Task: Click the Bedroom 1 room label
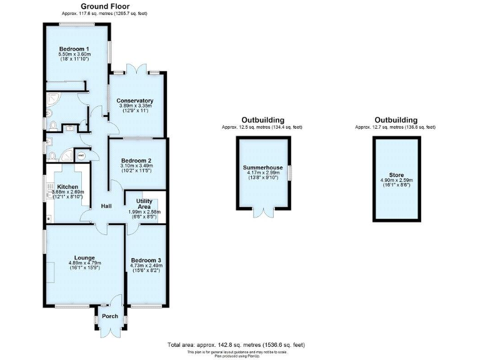(x=74, y=49)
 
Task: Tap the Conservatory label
(x=135, y=101)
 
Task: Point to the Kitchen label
(x=67, y=187)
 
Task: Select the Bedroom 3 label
(x=146, y=260)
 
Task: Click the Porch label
(x=110, y=316)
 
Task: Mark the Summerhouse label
(x=262, y=168)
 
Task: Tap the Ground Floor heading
(x=101, y=6)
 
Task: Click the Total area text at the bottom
(x=236, y=345)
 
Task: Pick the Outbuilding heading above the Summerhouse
(x=262, y=120)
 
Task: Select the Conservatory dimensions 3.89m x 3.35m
(x=135, y=106)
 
